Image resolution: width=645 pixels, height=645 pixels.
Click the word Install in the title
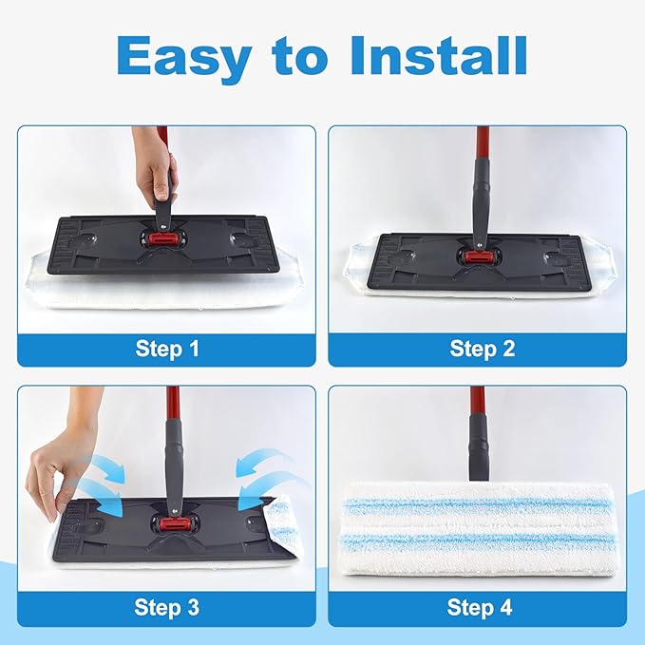(439, 57)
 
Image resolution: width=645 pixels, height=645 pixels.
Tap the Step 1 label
(166, 349)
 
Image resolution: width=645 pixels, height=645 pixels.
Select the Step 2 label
(482, 349)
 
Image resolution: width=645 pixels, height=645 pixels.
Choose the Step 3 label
(166, 607)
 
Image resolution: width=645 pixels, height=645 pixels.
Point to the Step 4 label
(482, 607)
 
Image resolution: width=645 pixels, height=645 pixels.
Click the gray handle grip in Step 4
(478, 451)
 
